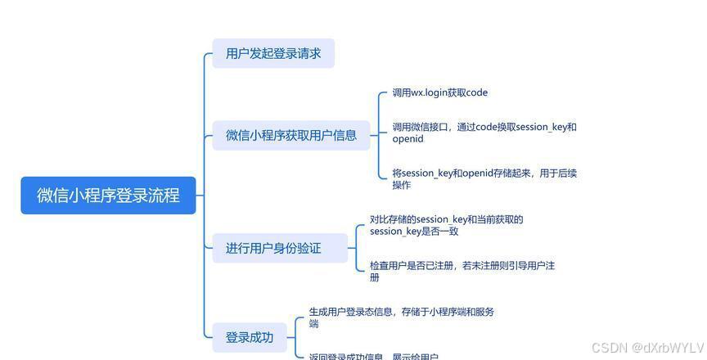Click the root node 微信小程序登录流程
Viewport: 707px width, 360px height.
click(x=108, y=196)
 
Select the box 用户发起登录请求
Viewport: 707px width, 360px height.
click(x=273, y=54)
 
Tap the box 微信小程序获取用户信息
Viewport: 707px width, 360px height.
click(x=291, y=135)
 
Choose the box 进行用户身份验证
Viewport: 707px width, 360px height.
click(x=273, y=248)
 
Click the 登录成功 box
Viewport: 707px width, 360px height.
click(x=250, y=337)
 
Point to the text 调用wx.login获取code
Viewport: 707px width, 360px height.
click(x=439, y=93)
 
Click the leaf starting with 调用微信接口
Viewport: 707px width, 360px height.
click(x=484, y=128)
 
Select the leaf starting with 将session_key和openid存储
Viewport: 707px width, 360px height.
click(x=484, y=173)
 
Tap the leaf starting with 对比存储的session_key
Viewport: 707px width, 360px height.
click(x=446, y=219)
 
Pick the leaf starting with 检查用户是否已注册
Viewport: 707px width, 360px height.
click(x=462, y=266)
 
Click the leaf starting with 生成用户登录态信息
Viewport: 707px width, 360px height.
click(x=401, y=312)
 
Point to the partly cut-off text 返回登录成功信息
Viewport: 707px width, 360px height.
click(x=373, y=357)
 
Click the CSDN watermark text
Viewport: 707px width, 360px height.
click(x=609, y=347)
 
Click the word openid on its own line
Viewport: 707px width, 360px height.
click(x=408, y=139)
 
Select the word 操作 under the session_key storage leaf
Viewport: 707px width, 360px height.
click(x=401, y=185)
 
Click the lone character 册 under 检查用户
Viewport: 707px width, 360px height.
click(x=375, y=277)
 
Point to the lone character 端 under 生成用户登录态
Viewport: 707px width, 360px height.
click(x=313, y=324)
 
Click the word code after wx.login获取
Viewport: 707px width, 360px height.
click(x=476, y=93)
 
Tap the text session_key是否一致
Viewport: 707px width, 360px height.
click(x=414, y=232)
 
